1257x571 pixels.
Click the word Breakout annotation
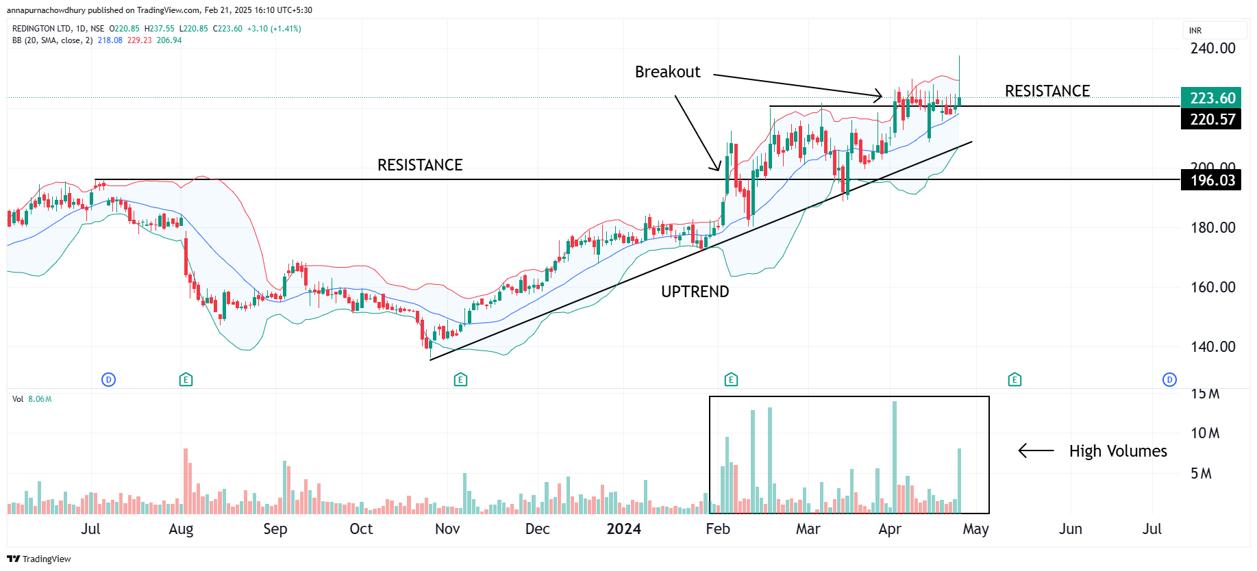click(667, 72)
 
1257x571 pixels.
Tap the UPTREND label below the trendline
click(695, 292)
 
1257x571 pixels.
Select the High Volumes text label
click(1118, 451)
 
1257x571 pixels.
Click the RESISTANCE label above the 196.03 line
click(420, 165)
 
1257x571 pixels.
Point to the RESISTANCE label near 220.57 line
click(1047, 91)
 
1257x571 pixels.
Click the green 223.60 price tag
click(1211, 98)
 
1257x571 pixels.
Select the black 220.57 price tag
click(1211, 119)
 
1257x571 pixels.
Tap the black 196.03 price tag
click(1211, 180)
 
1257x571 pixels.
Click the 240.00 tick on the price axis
click(1212, 49)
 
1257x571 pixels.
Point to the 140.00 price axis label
click(1212, 346)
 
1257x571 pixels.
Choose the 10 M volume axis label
click(1205, 433)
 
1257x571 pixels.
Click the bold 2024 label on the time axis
click(623, 529)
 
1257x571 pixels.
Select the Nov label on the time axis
click(447, 529)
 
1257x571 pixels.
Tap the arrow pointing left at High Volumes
click(1036, 451)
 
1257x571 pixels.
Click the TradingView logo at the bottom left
click(39, 559)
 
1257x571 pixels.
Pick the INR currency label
click(1195, 31)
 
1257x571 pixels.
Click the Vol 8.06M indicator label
click(32, 399)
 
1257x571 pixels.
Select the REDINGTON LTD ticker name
click(42, 29)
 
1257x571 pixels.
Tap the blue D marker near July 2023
click(108, 379)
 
